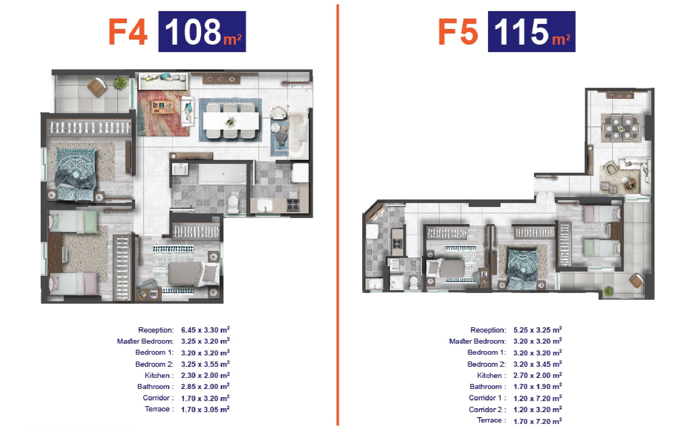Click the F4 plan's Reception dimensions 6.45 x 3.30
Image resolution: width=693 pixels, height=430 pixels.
(x=205, y=330)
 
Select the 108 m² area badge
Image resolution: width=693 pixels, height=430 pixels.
(x=202, y=31)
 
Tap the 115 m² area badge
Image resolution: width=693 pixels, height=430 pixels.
(x=532, y=31)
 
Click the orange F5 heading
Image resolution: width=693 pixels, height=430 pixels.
(x=458, y=32)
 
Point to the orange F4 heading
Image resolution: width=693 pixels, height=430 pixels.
(x=128, y=32)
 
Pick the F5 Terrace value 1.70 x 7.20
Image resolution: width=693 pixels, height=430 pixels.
(x=538, y=421)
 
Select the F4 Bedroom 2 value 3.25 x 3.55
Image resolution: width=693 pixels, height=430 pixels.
(x=205, y=364)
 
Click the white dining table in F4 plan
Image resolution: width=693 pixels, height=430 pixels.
(x=231, y=121)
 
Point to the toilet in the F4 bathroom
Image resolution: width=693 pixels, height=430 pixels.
(x=233, y=203)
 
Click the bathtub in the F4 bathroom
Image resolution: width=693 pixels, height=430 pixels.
(x=222, y=174)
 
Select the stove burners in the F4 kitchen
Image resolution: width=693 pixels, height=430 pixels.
(x=293, y=205)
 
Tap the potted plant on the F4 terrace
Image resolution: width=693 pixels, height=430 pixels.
(x=120, y=83)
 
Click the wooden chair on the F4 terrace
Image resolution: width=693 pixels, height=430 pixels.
(x=97, y=87)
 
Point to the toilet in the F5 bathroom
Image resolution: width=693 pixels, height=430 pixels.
(x=413, y=282)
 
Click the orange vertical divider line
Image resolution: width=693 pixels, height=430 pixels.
(x=337, y=215)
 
